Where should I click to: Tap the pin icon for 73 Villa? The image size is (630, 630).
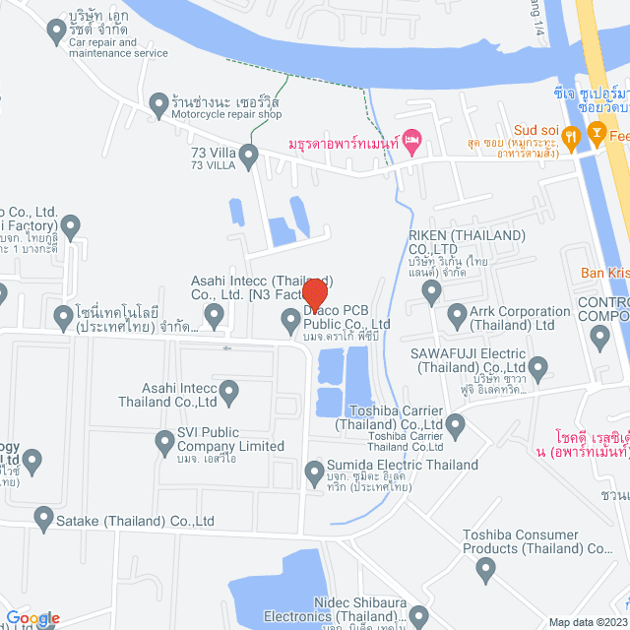pyautogui.click(x=249, y=155)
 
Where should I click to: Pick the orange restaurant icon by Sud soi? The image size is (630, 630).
pyautogui.click(x=595, y=131)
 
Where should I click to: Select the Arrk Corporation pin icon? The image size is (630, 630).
pyautogui.click(x=457, y=316)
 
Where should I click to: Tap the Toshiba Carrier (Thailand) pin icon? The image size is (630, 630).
pyautogui.click(x=455, y=425)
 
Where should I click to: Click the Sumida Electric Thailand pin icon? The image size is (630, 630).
pyautogui.click(x=314, y=470)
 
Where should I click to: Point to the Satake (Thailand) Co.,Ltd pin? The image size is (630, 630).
pyautogui.click(x=43, y=517)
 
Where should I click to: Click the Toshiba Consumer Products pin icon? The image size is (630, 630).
pyautogui.click(x=484, y=567)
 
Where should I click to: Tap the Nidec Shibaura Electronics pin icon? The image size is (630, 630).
pyautogui.click(x=420, y=618)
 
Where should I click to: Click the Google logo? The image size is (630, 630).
pyautogui.click(x=31, y=618)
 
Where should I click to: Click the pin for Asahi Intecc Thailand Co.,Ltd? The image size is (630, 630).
pyautogui.click(x=229, y=394)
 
